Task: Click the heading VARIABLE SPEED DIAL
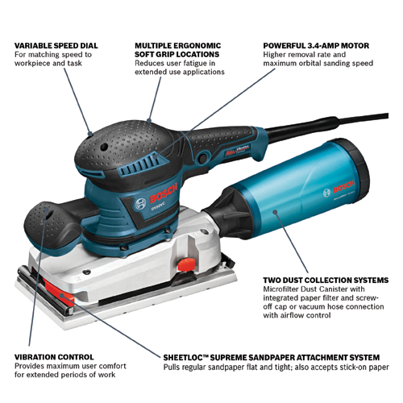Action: pyautogui.click(x=56, y=46)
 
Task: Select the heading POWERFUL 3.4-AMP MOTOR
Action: pyautogui.click(x=316, y=46)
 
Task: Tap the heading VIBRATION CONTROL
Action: pyautogui.click(x=54, y=357)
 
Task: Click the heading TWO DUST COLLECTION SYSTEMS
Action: pyautogui.click(x=326, y=280)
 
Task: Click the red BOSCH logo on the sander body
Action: pyautogui.click(x=164, y=193)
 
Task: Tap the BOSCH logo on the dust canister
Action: pyautogui.click(x=343, y=187)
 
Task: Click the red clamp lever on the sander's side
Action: pyautogui.click(x=186, y=264)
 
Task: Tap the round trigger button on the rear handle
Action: pyautogui.click(x=203, y=156)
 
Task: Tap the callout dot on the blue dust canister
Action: pyautogui.click(x=275, y=212)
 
